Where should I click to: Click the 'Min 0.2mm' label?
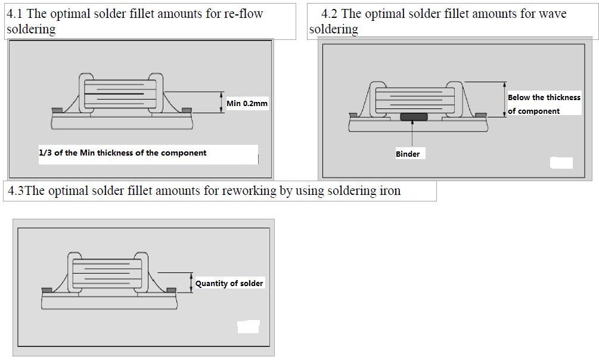coord(247,104)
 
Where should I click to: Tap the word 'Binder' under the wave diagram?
coord(408,154)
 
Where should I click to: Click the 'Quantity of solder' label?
coord(229,283)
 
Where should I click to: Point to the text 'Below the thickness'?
coord(544,97)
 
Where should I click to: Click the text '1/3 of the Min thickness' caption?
coord(122,153)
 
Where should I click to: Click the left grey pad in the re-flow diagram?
coord(57,110)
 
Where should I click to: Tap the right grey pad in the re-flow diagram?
coord(187,110)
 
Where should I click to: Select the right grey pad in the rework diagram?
coord(172,290)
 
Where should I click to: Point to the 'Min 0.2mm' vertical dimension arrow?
coord(221,103)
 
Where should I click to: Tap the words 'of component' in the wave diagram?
coord(533,111)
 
